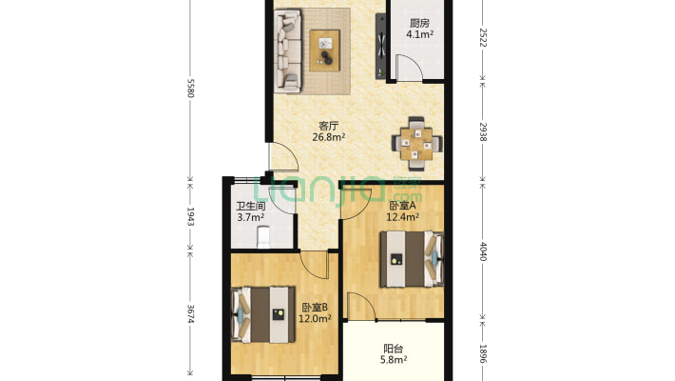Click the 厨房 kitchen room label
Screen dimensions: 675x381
point(419,23)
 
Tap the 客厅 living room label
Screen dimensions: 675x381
point(328,126)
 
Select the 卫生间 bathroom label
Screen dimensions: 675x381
point(251,207)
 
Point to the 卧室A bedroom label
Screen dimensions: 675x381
point(402,206)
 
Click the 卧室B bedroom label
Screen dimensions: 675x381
point(315,308)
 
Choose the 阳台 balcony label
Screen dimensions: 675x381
point(394,349)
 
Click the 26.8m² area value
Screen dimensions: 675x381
point(329,137)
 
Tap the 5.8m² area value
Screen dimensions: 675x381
point(394,359)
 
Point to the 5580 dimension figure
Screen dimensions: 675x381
point(191,88)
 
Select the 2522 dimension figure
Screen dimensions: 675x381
point(483,37)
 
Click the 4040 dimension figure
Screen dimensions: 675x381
point(483,251)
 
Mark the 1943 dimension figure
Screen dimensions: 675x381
point(191,216)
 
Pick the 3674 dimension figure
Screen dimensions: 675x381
point(191,314)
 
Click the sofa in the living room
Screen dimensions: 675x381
point(288,50)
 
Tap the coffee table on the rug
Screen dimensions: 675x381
point(325,50)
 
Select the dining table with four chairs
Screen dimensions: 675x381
point(416,144)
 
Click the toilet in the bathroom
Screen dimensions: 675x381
point(263,237)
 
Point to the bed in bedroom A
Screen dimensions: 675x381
point(412,259)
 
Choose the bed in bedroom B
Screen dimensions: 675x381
point(263,314)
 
